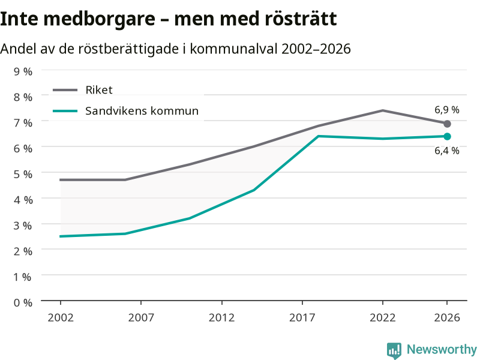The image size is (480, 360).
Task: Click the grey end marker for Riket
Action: pos(447,124)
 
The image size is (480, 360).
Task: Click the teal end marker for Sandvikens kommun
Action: pos(447,137)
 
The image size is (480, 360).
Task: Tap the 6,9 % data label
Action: pos(446,110)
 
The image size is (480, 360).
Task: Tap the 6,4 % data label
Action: pos(446,151)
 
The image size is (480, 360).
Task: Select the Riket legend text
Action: pos(99,90)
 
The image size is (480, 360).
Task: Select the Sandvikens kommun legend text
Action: pos(142,111)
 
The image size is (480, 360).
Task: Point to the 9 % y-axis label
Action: pos(23,71)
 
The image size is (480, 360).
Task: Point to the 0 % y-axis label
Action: pos(23,303)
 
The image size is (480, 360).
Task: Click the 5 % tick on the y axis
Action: pos(23,174)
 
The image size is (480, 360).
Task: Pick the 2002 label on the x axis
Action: pos(61,317)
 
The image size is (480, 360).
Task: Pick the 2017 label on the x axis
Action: pos(302,317)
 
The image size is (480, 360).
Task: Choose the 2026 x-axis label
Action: pos(447,317)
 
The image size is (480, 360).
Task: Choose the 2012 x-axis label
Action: pos(221,317)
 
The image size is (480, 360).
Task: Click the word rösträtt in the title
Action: pos(301,19)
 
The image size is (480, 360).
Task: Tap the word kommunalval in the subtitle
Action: pos(233,49)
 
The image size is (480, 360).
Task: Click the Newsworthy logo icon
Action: pos(394,350)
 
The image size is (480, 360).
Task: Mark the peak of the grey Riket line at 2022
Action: pos(383,110)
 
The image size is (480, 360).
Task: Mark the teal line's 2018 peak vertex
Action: pos(319,136)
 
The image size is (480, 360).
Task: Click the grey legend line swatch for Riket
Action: pos(65,90)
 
